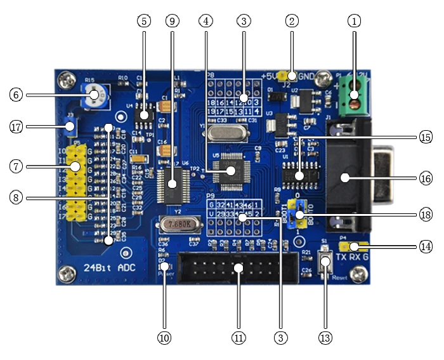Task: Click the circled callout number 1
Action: tap(354, 20)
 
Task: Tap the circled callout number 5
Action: tap(144, 20)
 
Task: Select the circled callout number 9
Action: tap(172, 20)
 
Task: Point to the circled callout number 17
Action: tap(16, 126)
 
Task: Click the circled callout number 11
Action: tap(238, 338)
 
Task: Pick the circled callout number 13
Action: tap(326, 338)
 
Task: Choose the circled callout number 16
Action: tap(425, 178)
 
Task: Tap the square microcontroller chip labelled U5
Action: tap(231, 170)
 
